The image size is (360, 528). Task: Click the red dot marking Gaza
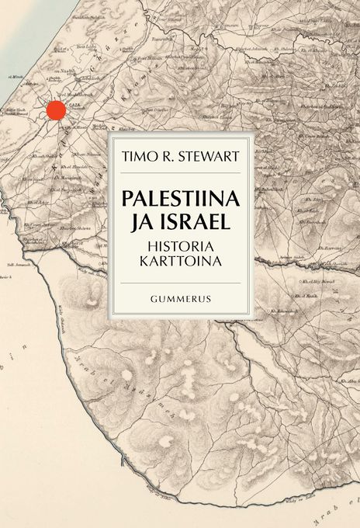pyautogui.click(x=55, y=110)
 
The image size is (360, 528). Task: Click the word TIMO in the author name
pyautogui.click(x=138, y=155)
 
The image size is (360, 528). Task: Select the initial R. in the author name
pyautogui.click(x=166, y=155)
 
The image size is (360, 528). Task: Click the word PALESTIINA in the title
pyautogui.click(x=180, y=197)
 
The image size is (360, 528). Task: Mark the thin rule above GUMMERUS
pyautogui.click(x=180, y=283)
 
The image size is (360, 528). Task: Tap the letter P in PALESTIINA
pyautogui.click(x=128, y=197)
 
